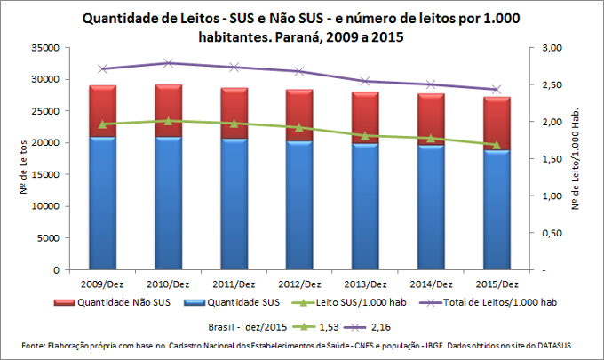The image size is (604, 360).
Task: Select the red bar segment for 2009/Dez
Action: coord(103,111)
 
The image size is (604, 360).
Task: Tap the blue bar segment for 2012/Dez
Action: coord(299,205)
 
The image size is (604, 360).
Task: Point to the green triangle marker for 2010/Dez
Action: coord(169,120)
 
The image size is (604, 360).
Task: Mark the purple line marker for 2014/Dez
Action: coord(431,84)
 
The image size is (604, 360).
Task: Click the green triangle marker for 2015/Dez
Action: coord(497,145)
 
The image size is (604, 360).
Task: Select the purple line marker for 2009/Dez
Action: coord(103,68)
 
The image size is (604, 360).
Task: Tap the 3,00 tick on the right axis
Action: coord(552,47)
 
